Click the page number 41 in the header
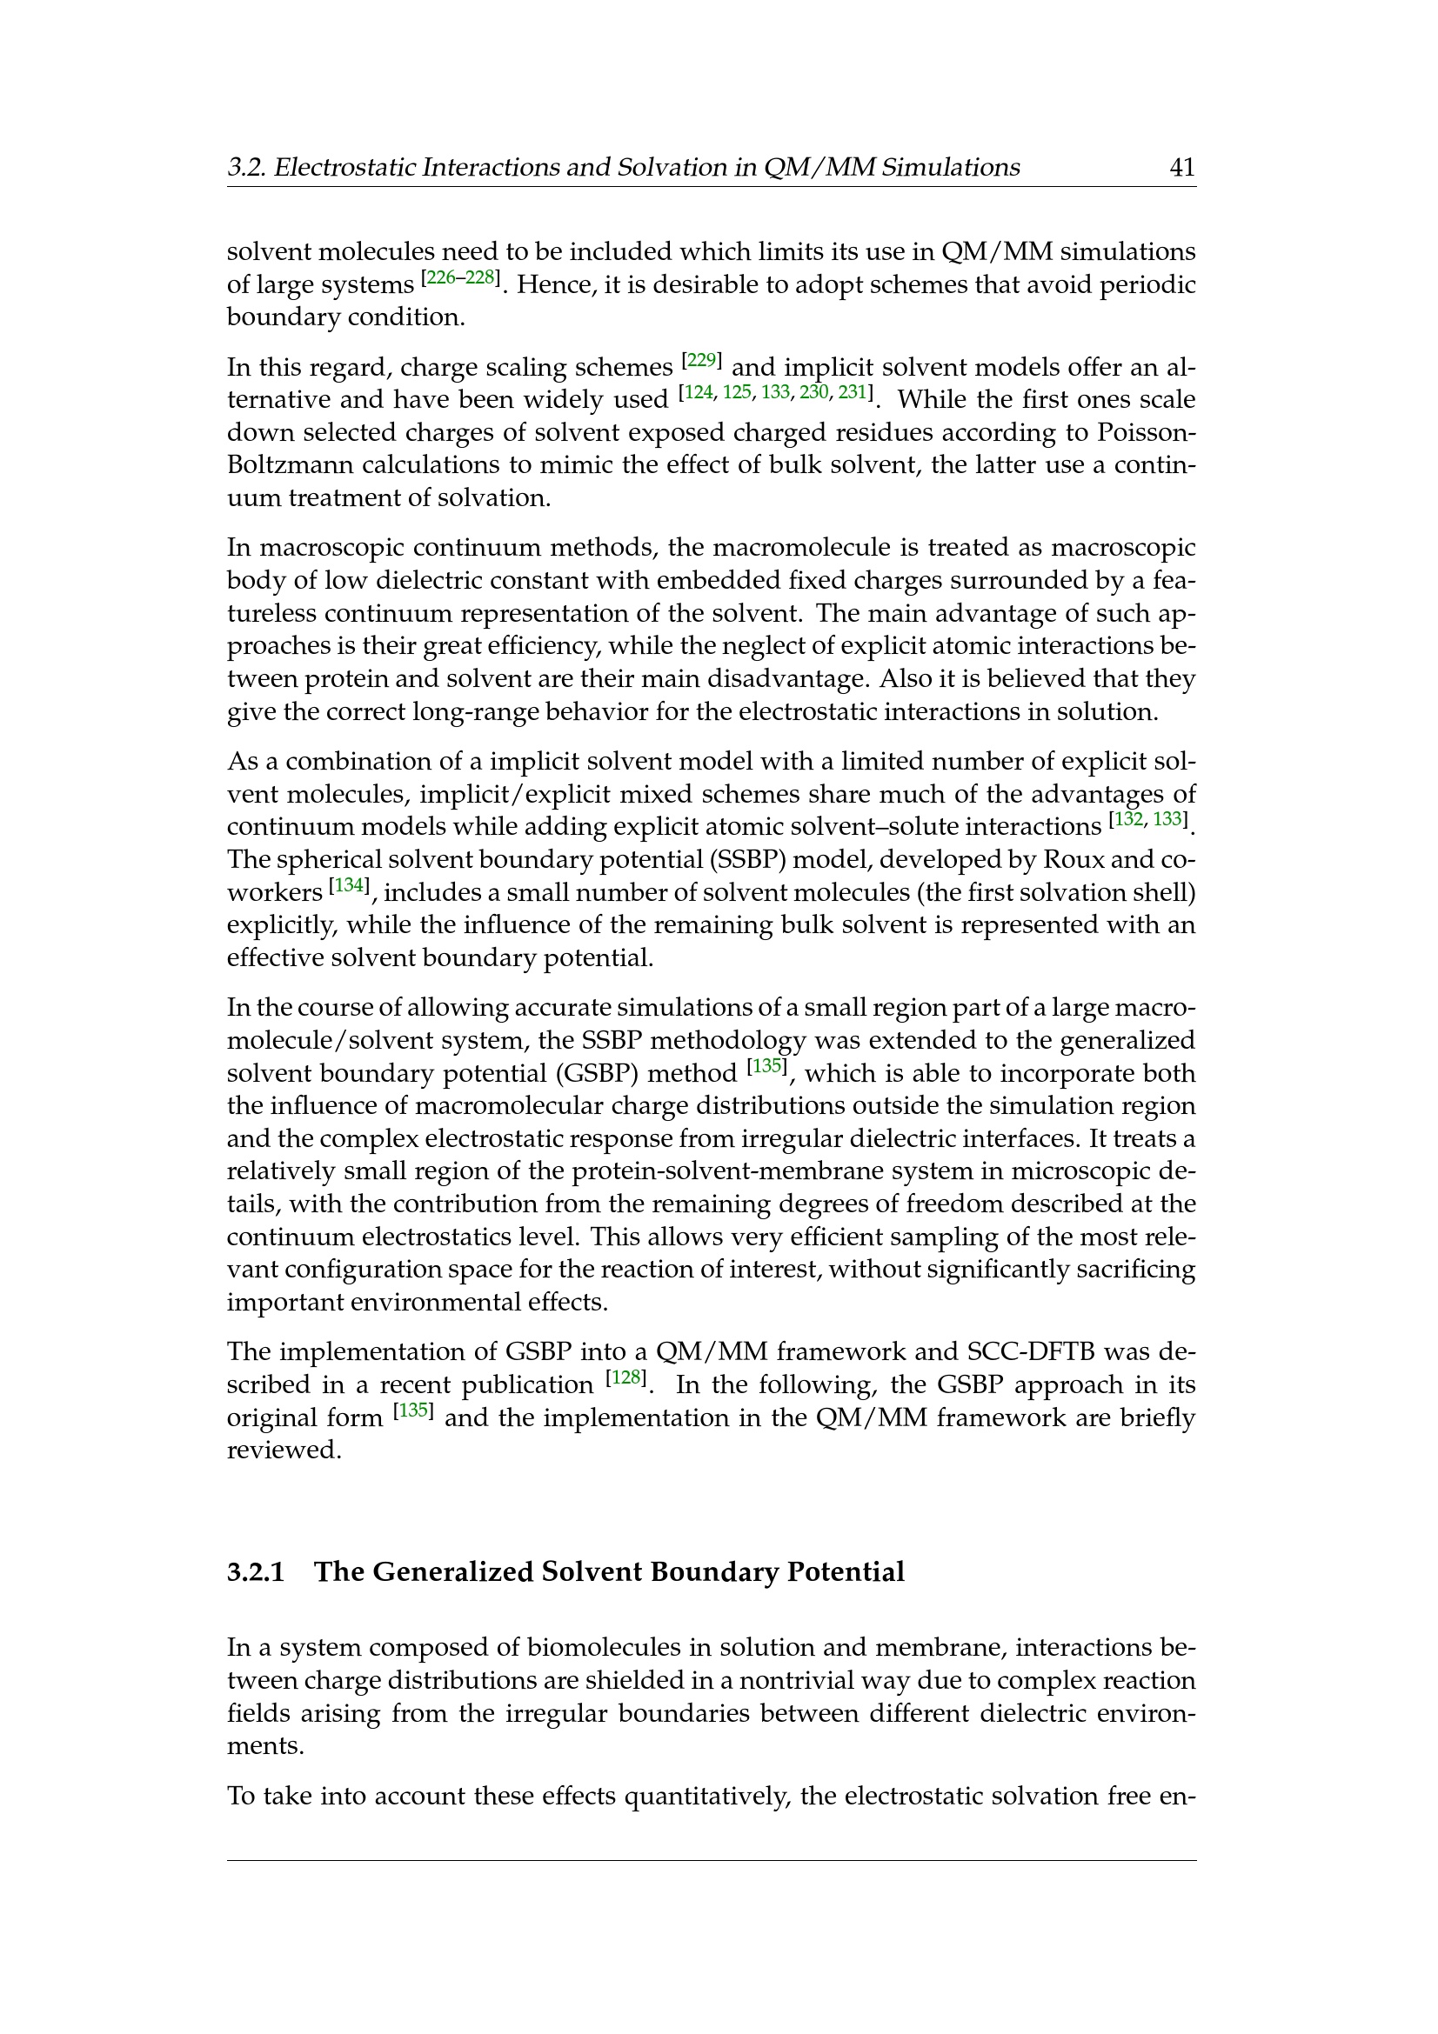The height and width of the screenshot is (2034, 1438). tap(1182, 168)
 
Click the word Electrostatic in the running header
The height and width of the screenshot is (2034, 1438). tap(344, 168)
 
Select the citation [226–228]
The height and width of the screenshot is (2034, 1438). tap(460, 278)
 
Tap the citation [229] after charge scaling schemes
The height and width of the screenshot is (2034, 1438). tap(702, 361)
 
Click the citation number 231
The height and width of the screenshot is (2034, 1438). tap(853, 392)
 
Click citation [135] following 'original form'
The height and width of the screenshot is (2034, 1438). tap(414, 1411)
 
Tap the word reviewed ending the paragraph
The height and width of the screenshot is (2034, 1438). tap(284, 1450)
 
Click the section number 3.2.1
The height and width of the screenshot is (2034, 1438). tap(256, 1571)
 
